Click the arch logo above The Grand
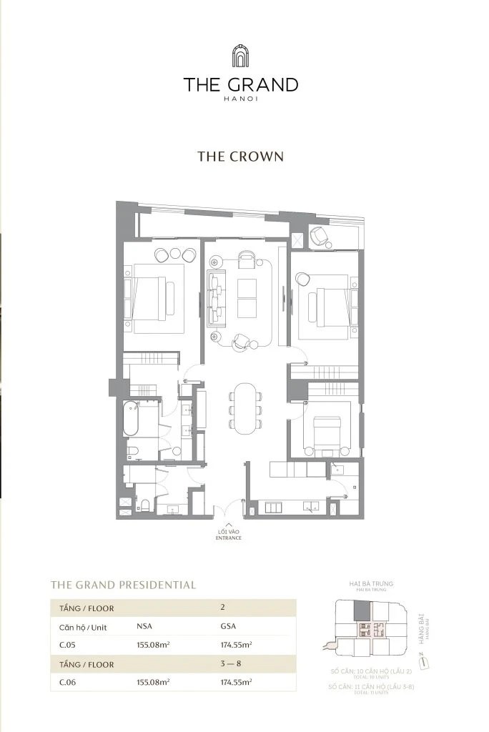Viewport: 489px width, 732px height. pyautogui.click(x=240, y=55)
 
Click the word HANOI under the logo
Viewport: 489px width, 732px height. pyautogui.click(x=240, y=99)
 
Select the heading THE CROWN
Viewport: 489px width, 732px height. pyautogui.click(x=240, y=157)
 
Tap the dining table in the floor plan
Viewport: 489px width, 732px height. pyautogui.click(x=245, y=408)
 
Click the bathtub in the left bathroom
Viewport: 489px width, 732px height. pyautogui.click(x=131, y=419)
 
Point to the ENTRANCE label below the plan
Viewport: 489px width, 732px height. pyautogui.click(x=229, y=538)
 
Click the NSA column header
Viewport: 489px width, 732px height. pyautogui.click(x=144, y=626)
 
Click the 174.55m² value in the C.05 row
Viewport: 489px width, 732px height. pyautogui.click(x=236, y=645)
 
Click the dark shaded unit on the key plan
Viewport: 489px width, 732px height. pyautogui.click(x=363, y=611)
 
